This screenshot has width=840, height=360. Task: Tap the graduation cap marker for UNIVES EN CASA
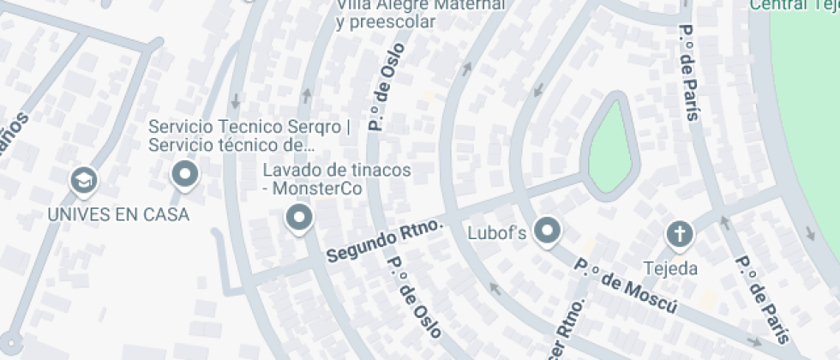point(84,180)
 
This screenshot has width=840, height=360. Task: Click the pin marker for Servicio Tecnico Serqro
point(185,176)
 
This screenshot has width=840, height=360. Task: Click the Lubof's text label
point(496,232)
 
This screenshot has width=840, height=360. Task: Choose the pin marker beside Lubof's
point(546,230)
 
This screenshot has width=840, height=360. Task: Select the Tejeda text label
point(671,268)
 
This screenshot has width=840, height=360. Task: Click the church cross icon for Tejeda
point(679,233)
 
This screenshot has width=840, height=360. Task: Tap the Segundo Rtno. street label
point(385,242)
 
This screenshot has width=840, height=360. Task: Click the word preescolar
point(386,23)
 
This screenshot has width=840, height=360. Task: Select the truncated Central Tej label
point(794,5)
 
